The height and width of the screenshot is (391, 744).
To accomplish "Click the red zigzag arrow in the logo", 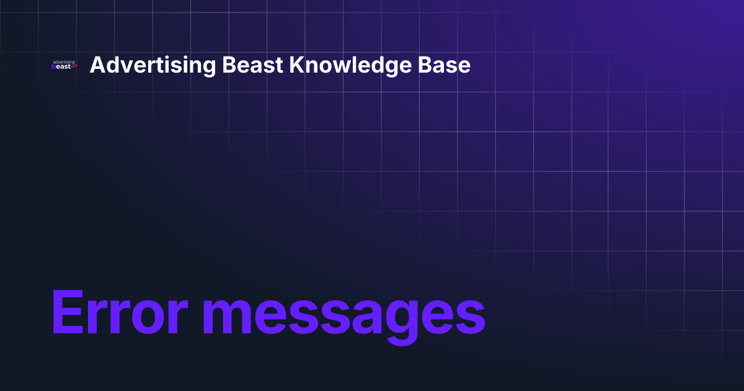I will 73,66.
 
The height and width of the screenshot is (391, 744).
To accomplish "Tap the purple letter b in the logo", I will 55,67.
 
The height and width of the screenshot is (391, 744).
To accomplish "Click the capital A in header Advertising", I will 97,65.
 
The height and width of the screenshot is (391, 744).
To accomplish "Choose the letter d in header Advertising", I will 112,65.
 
